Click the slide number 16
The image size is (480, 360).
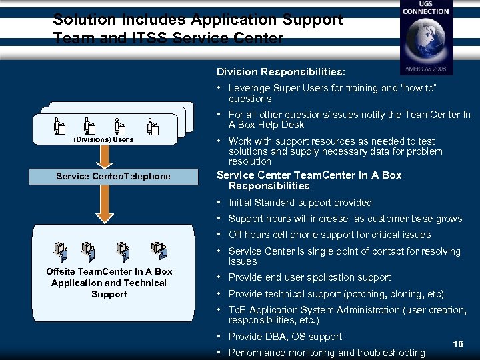(457, 345)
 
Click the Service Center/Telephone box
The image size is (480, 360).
(113, 176)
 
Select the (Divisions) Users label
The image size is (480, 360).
(103, 139)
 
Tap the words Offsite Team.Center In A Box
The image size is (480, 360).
(109, 271)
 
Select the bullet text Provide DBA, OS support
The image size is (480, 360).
(285, 337)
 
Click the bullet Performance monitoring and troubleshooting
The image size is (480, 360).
(326, 353)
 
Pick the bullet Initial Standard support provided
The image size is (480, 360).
(300, 203)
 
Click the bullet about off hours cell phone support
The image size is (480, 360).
(329, 235)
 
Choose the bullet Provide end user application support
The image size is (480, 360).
(309, 277)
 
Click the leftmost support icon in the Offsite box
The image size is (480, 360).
(60, 250)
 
